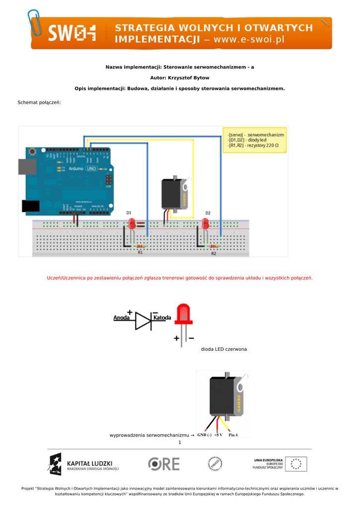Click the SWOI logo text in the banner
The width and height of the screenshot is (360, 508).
pyautogui.click(x=72, y=34)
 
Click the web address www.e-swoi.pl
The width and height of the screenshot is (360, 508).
pyautogui.click(x=249, y=39)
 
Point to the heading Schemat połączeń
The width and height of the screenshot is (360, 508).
pyautogui.click(x=39, y=102)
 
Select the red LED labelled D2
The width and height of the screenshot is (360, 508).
pyautogui.click(x=207, y=224)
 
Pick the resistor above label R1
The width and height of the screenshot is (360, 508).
pyautogui.click(x=141, y=246)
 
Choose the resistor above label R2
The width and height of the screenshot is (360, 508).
pyautogui.click(x=214, y=246)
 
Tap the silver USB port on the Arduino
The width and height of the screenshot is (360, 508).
pyautogui.click(x=27, y=167)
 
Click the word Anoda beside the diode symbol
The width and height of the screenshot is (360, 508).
pyautogui.click(x=122, y=317)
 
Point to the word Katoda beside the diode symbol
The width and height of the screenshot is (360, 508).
pyautogui.click(x=162, y=317)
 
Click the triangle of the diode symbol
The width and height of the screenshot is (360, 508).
pyautogui.click(x=144, y=320)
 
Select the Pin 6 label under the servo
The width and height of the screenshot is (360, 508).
pyautogui.click(x=233, y=435)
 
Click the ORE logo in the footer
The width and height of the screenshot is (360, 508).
pyautogui.click(x=164, y=464)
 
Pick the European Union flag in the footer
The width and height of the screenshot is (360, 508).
pyautogui.click(x=296, y=464)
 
